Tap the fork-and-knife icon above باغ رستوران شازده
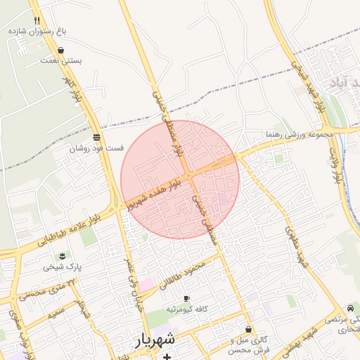coord(37,20)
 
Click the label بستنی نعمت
coord(62,61)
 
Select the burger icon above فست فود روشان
coord(96,136)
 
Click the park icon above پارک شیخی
coord(63,255)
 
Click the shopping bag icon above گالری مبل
coord(248,329)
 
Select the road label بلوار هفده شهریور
coord(156,190)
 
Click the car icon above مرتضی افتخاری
coord(351,309)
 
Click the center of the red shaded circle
coord(180,179)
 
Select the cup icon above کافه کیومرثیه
coord(186,299)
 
